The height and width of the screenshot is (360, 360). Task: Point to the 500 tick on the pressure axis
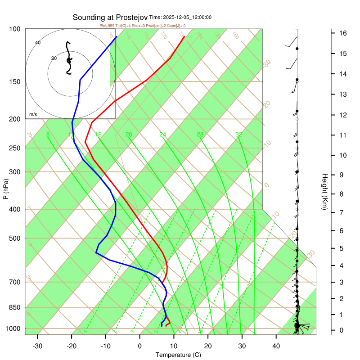[x=15, y=238]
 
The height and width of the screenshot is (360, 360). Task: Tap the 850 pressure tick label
[x=15, y=308]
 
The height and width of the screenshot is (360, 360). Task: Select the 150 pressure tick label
[x=15, y=81]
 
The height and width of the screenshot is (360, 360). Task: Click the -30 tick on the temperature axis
[x=37, y=346]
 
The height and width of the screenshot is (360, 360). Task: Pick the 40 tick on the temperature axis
[x=276, y=346]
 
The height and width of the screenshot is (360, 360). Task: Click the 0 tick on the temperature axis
[x=140, y=346]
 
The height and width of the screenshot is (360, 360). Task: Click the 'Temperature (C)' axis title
[x=178, y=355]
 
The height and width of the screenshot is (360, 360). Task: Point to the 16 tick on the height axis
[x=342, y=33]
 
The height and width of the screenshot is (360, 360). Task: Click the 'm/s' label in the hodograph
[x=33, y=115]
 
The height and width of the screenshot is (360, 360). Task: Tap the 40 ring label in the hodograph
[x=38, y=43]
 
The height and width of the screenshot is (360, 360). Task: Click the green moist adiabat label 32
[x=239, y=135]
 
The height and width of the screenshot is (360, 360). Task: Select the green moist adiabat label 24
[x=163, y=135]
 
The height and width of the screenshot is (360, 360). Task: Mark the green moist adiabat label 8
[x=48, y=135]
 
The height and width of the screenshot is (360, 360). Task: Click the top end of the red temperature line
[x=184, y=37]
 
